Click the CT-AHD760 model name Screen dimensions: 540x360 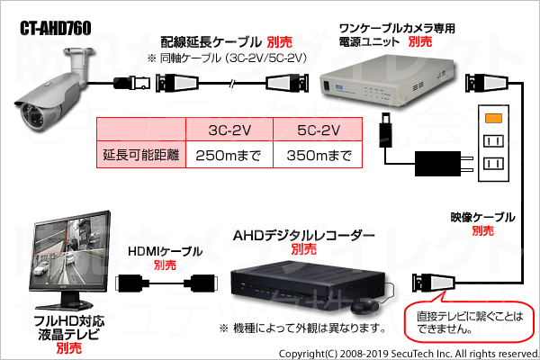56,28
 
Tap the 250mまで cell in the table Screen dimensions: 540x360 229,155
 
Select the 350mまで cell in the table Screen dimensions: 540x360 319,155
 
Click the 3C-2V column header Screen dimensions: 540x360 229,130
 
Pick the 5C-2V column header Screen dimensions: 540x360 319,130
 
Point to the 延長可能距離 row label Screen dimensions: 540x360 141,155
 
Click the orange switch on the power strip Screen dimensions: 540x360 493,118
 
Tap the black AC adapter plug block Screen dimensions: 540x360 438,163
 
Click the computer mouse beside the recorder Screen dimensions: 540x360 364,306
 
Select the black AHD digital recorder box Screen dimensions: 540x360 308,285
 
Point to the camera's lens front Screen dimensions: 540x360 31,117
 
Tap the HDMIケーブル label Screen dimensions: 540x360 165,251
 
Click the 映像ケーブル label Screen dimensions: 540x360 482,217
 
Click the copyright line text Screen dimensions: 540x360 409,354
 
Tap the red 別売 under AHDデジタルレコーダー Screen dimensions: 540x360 303,248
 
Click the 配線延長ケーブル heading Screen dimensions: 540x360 211,42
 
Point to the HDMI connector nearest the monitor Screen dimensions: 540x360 129,283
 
